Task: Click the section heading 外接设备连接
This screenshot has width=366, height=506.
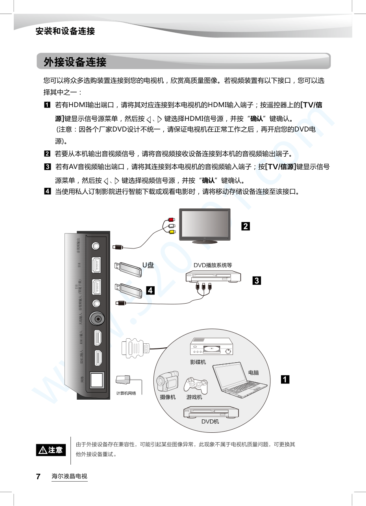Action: (x=75, y=62)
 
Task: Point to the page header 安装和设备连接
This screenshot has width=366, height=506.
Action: (x=65, y=31)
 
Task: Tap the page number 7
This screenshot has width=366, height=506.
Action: (x=38, y=476)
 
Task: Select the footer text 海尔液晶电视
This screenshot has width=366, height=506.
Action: (x=69, y=476)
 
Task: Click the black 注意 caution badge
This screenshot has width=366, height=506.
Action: (x=51, y=450)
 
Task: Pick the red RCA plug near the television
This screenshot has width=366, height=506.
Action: (x=170, y=220)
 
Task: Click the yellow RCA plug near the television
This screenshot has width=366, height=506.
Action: (x=171, y=232)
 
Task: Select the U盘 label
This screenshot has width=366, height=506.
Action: (x=148, y=265)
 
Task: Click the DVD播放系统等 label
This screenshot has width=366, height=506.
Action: (x=213, y=265)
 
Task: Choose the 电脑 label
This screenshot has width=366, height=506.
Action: (x=253, y=373)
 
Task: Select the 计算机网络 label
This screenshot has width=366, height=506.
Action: (x=126, y=393)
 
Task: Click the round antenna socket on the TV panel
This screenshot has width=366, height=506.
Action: (x=97, y=318)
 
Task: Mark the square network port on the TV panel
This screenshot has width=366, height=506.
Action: (x=97, y=380)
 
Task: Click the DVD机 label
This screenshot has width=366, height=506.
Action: (x=210, y=422)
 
